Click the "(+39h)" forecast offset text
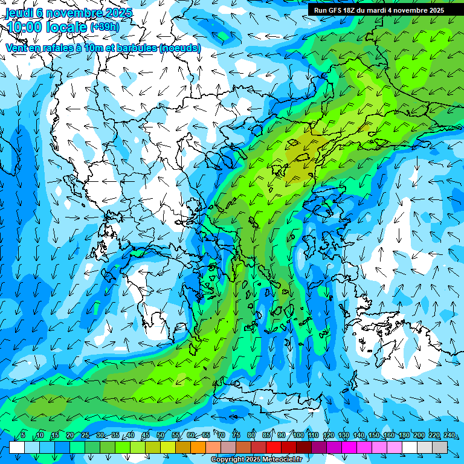click(x=105, y=27)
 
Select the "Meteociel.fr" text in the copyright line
click(x=283, y=460)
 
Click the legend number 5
click(x=23, y=436)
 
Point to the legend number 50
click(x=161, y=436)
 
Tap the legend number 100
click(x=298, y=436)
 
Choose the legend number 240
click(x=449, y=436)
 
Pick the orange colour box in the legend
click(x=198, y=448)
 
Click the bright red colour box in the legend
click(x=274, y=448)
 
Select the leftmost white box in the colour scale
click(x=17, y=448)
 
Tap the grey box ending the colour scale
click(x=440, y=448)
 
